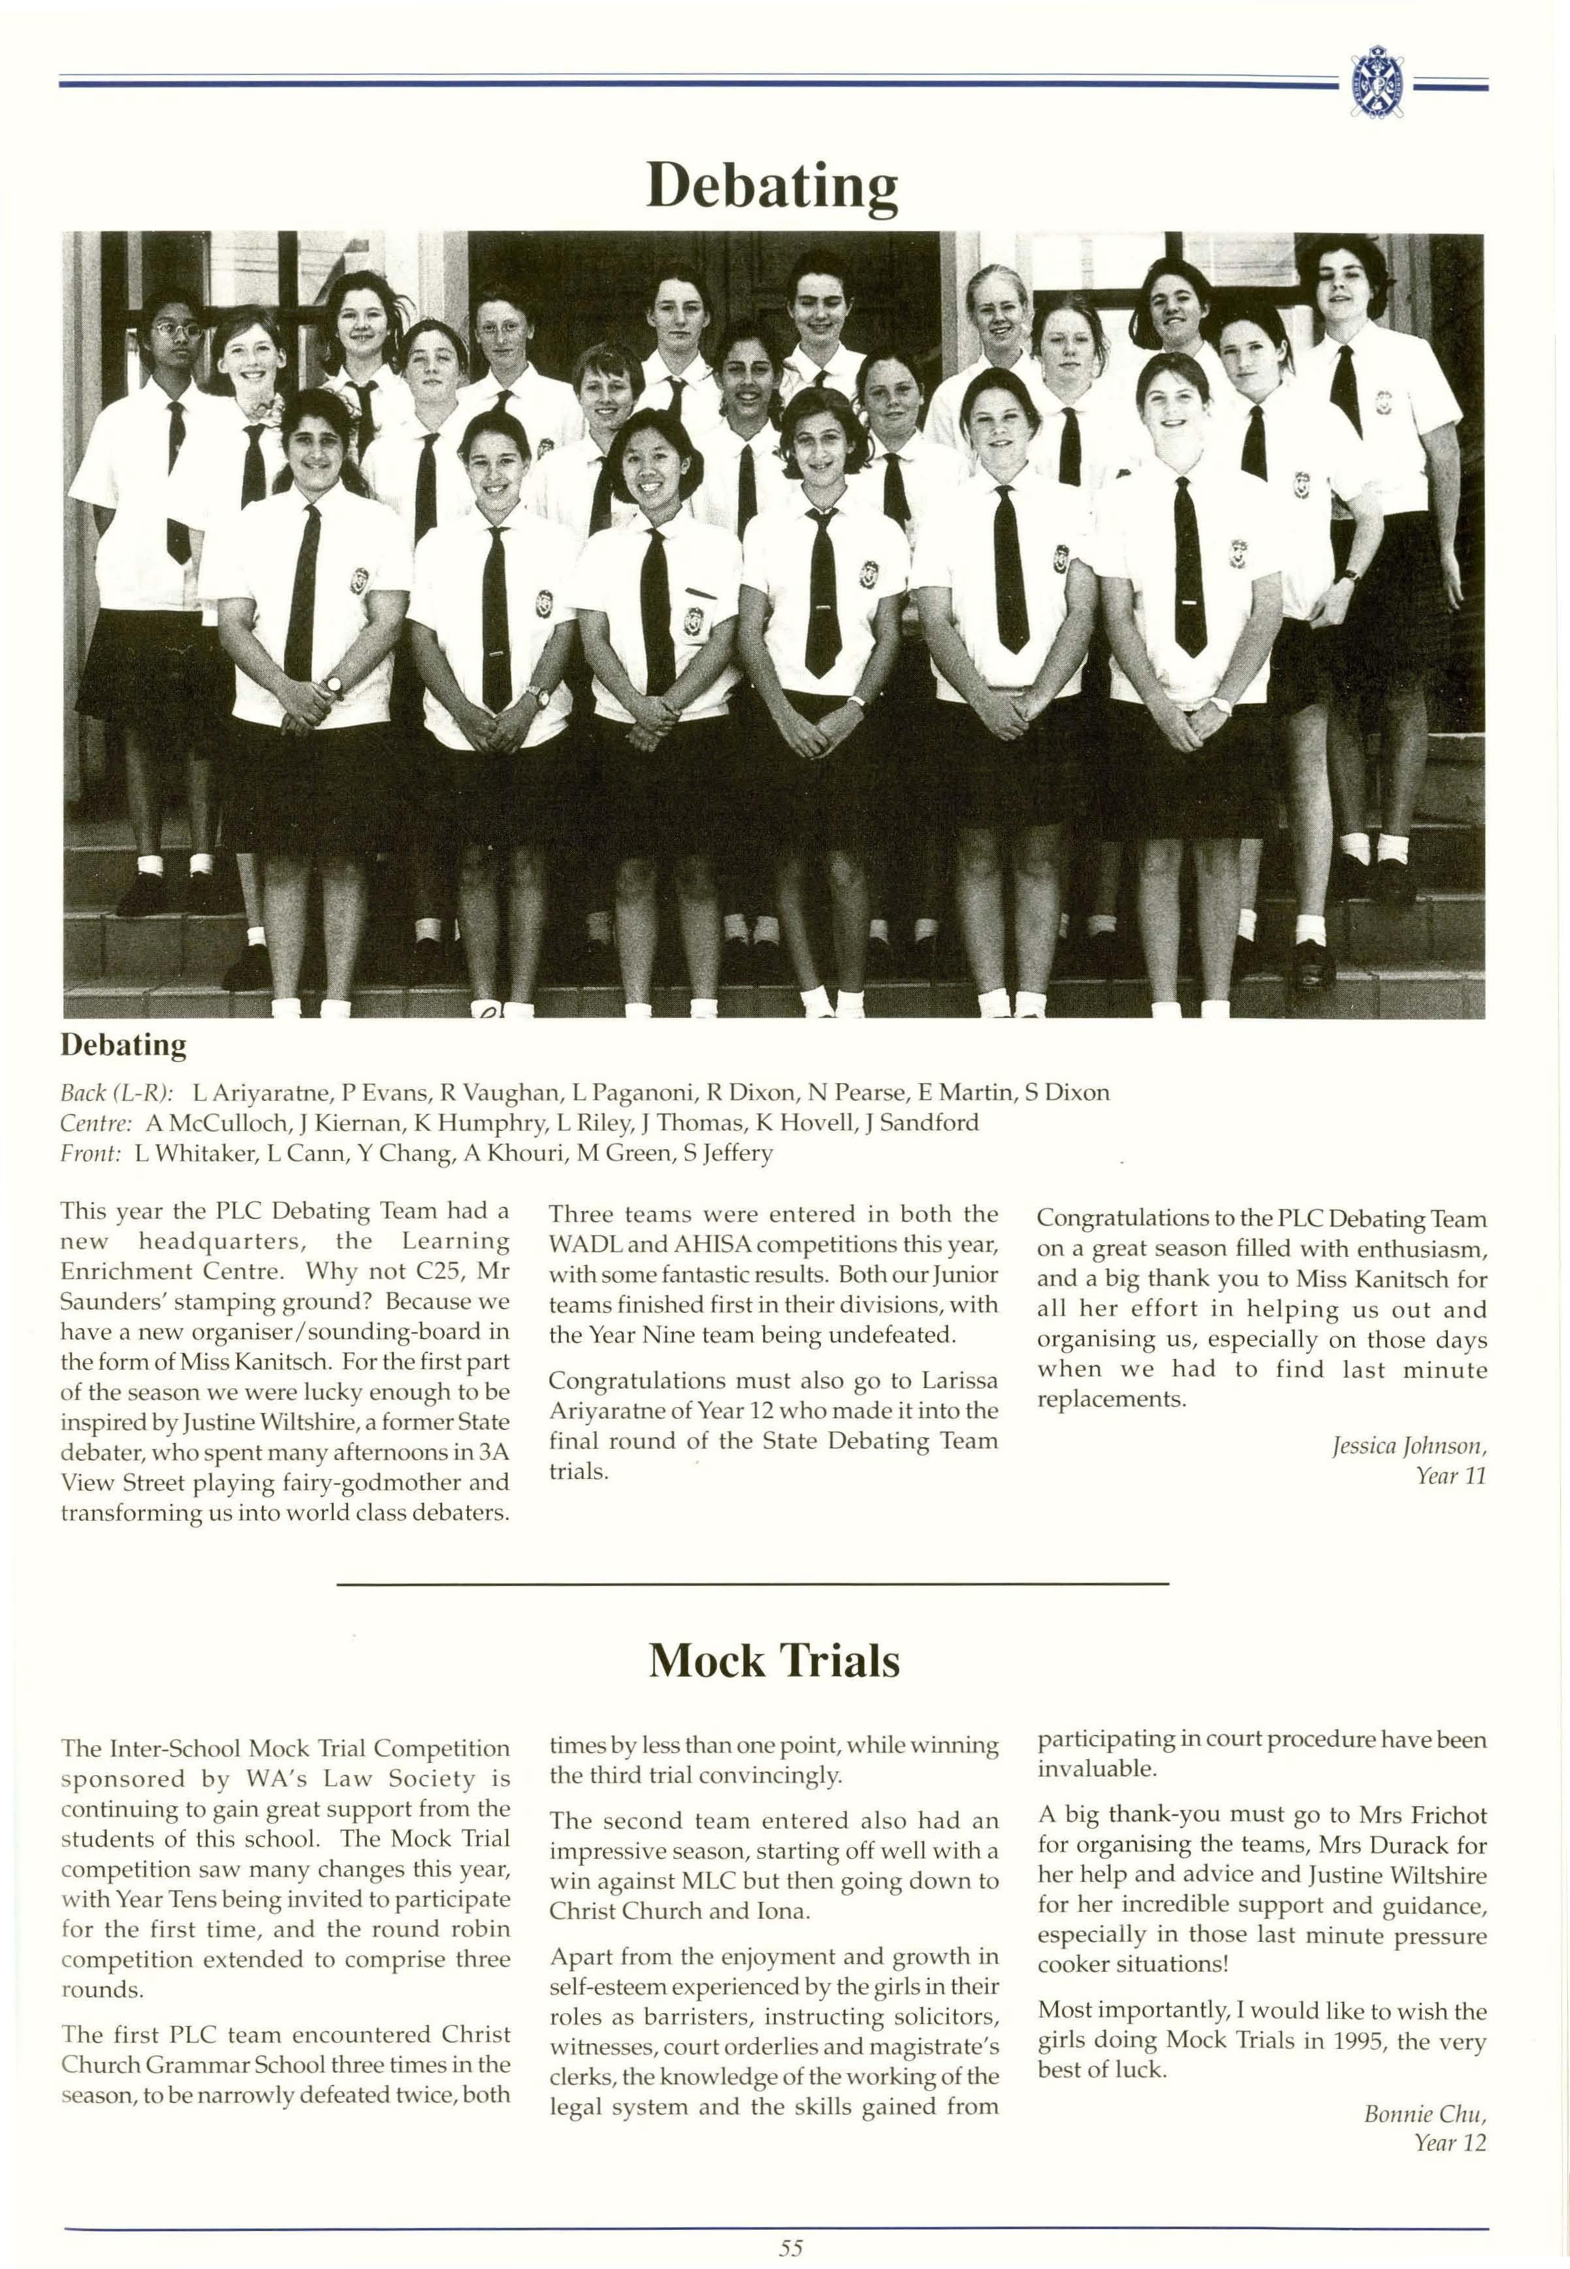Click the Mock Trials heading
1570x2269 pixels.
click(774, 1661)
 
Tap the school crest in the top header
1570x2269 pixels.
click(1376, 82)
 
